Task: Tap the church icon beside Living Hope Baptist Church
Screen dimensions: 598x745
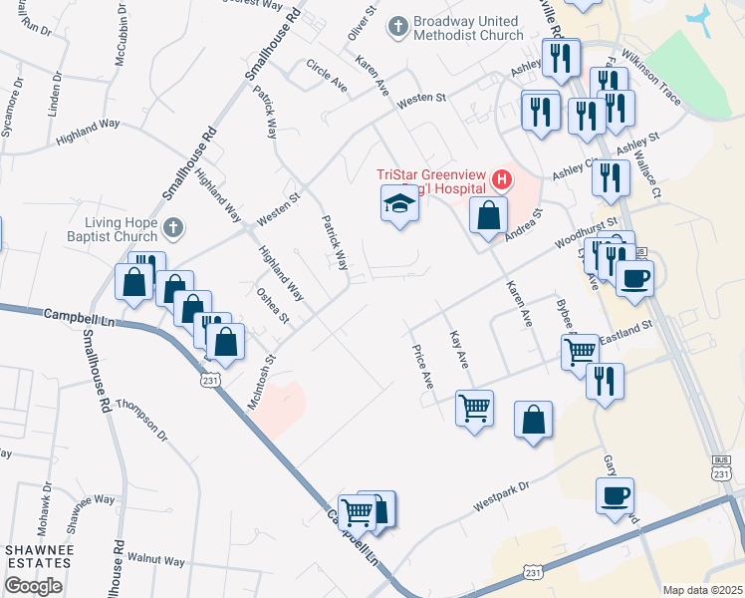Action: [174, 228]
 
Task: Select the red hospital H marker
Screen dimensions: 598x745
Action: [502, 180]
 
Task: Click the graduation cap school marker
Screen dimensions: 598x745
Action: [399, 205]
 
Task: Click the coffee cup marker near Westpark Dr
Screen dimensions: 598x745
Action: [615, 495]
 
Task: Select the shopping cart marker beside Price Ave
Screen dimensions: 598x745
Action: [474, 407]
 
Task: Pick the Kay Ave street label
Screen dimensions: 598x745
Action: [458, 349]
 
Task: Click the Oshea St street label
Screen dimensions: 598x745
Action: [273, 306]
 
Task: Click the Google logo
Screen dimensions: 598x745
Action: [33, 586]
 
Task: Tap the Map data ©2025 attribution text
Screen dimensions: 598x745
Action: [702, 590]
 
